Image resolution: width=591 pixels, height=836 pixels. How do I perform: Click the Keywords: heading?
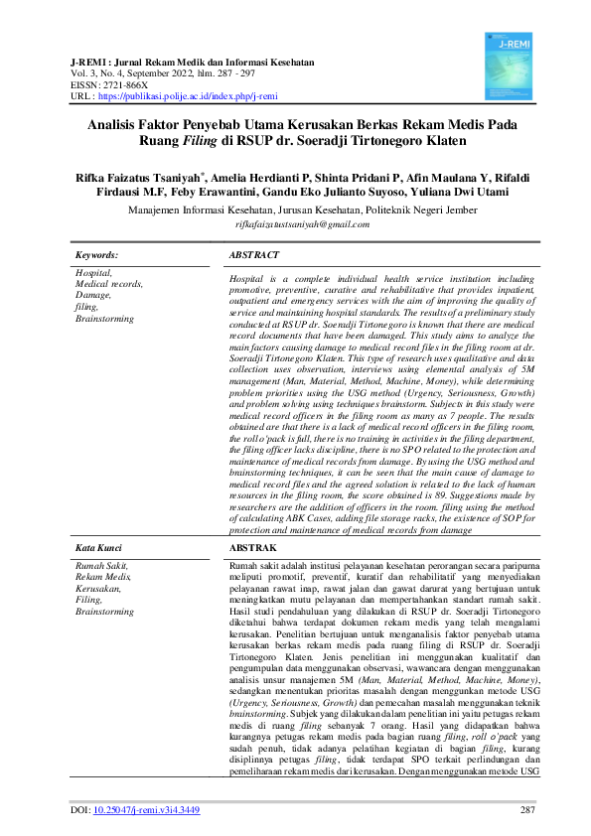point(97,255)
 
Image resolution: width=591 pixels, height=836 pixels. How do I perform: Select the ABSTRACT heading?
point(255,255)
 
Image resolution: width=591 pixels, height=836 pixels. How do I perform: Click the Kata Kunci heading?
point(99,547)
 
